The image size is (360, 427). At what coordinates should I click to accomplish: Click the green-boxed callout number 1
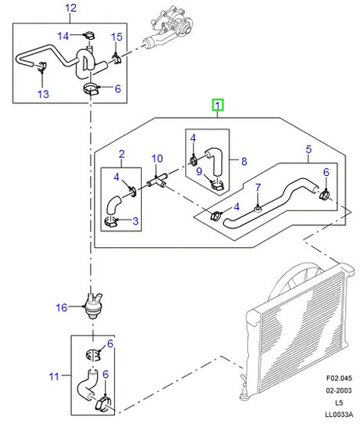pos(218,104)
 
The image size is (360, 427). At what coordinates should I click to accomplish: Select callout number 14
pos(66,35)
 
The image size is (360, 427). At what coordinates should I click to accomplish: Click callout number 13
pos(42,94)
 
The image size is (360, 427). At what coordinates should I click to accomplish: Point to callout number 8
pos(244,162)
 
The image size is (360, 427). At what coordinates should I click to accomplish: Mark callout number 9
pos(200,172)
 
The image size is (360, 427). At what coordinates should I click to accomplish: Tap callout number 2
pos(121,153)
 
